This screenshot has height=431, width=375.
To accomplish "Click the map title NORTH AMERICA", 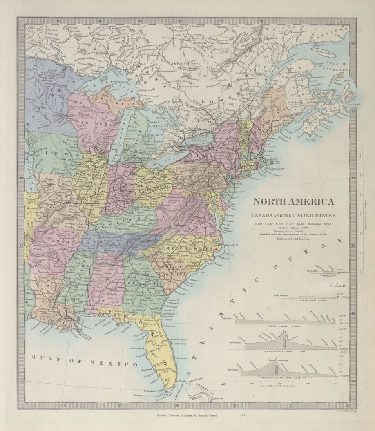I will (293, 202).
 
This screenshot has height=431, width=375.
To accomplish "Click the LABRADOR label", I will (335, 33).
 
